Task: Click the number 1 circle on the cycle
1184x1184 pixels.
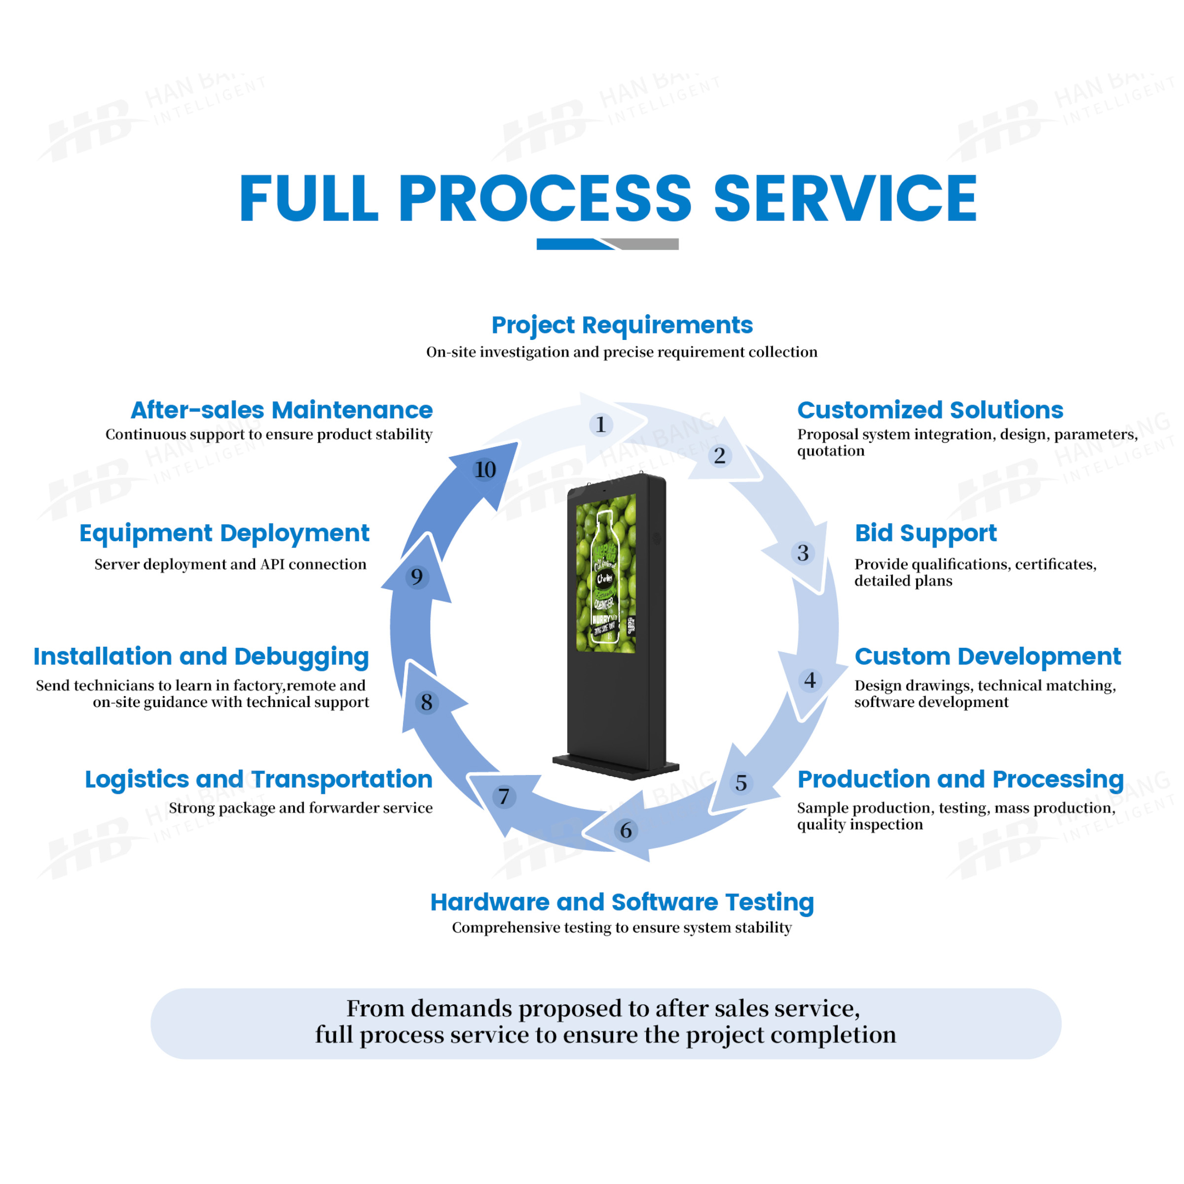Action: (x=600, y=425)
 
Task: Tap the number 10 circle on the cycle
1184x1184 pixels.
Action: (x=485, y=470)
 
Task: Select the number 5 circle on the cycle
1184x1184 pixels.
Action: (x=741, y=782)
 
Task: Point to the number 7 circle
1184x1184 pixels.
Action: (x=504, y=797)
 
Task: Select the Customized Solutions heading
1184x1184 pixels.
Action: (x=929, y=410)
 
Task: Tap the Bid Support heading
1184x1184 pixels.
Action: (x=925, y=533)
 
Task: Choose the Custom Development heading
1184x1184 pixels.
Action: (x=987, y=656)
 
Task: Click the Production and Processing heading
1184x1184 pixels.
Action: (x=961, y=779)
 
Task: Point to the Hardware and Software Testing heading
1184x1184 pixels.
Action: (x=622, y=902)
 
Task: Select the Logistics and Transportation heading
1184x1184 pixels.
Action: (x=259, y=779)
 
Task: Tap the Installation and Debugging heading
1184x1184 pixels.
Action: (x=201, y=656)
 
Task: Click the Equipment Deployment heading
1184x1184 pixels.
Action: (x=224, y=533)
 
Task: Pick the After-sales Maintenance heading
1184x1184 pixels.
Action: (x=281, y=410)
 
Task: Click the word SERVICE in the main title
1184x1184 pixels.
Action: (x=845, y=198)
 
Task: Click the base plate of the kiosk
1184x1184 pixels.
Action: (x=616, y=766)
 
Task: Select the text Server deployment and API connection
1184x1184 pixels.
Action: (x=230, y=564)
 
